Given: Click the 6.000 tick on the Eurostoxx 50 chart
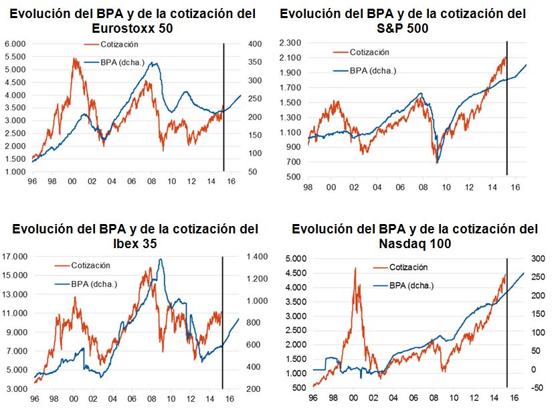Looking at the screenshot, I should pos(15,44).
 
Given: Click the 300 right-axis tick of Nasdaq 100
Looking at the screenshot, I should pos(531,258).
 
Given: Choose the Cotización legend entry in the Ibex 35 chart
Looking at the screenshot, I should pos(90,265).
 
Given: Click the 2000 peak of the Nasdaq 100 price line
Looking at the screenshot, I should pos(355,268).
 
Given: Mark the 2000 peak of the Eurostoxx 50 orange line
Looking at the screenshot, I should pos(74,58).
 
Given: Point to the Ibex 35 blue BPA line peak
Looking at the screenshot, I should pos(160,259).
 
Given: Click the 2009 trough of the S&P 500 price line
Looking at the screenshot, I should pos(437,163).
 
